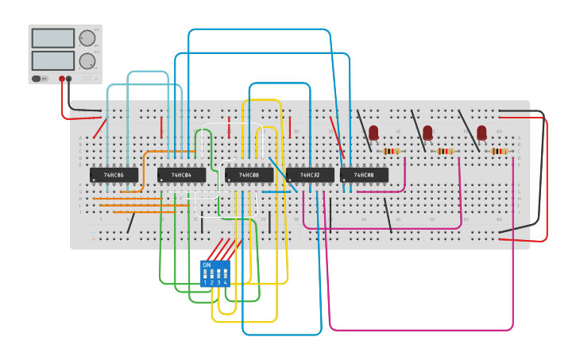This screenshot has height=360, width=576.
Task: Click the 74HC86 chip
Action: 114,175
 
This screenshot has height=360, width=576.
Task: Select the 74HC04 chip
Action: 181,175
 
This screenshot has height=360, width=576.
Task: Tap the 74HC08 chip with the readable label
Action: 249,175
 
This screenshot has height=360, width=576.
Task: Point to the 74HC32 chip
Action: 310,175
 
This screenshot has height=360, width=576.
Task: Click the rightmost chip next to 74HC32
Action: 364,175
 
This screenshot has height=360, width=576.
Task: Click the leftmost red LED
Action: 373,133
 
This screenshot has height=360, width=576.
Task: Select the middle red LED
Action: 427,133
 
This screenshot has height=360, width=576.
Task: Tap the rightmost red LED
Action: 481,133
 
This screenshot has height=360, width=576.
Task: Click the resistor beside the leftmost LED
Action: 392,151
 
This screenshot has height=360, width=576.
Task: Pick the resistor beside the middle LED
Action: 446,151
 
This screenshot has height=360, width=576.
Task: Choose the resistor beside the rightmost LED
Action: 499,151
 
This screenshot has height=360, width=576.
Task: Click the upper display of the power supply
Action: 52,38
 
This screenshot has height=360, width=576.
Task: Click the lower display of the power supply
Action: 52,60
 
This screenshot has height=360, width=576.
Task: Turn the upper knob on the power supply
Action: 87,38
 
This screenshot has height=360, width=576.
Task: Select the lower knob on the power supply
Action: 87,61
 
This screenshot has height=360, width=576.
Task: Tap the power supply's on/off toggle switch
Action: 37,79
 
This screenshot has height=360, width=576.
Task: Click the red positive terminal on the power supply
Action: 61,79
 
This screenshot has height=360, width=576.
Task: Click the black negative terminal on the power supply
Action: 69,79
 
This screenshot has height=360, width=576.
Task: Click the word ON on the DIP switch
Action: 207,265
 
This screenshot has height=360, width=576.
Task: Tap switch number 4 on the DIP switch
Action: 226,275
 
